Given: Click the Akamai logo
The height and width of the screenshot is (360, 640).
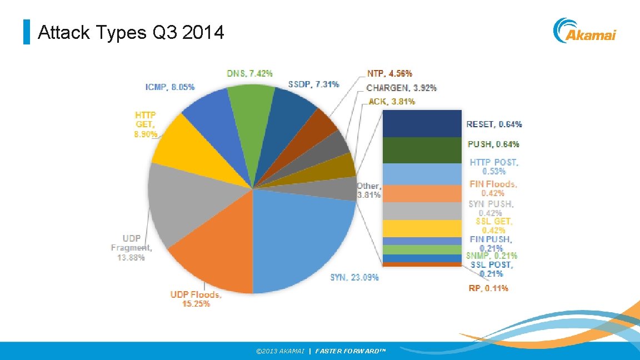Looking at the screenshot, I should click(x=584, y=31).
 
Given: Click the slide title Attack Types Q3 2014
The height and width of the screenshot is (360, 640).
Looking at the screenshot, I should click(x=131, y=33).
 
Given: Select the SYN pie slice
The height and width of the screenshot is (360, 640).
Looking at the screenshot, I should click(x=306, y=239).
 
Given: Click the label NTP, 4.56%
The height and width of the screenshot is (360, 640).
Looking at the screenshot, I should click(x=389, y=73).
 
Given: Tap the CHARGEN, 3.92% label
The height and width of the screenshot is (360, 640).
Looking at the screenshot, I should click(x=401, y=87).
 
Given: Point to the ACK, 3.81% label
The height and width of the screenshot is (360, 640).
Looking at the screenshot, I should click(x=392, y=101).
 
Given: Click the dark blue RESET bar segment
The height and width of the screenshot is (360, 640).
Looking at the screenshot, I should click(x=422, y=123).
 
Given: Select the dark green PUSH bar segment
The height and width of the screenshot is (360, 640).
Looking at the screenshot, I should click(x=422, y=150).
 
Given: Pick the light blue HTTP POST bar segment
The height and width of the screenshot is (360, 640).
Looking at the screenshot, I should click(x=422, y=174).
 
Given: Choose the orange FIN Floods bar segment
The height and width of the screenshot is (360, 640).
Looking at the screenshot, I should click(x=422, y=193).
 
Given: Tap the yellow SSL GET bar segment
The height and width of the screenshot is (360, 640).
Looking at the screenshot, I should click(x=422, y=228).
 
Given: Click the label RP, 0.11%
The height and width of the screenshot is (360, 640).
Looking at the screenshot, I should click(x=488, y=288).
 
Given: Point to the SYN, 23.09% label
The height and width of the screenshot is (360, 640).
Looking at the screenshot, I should click(x=354, y=277).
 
